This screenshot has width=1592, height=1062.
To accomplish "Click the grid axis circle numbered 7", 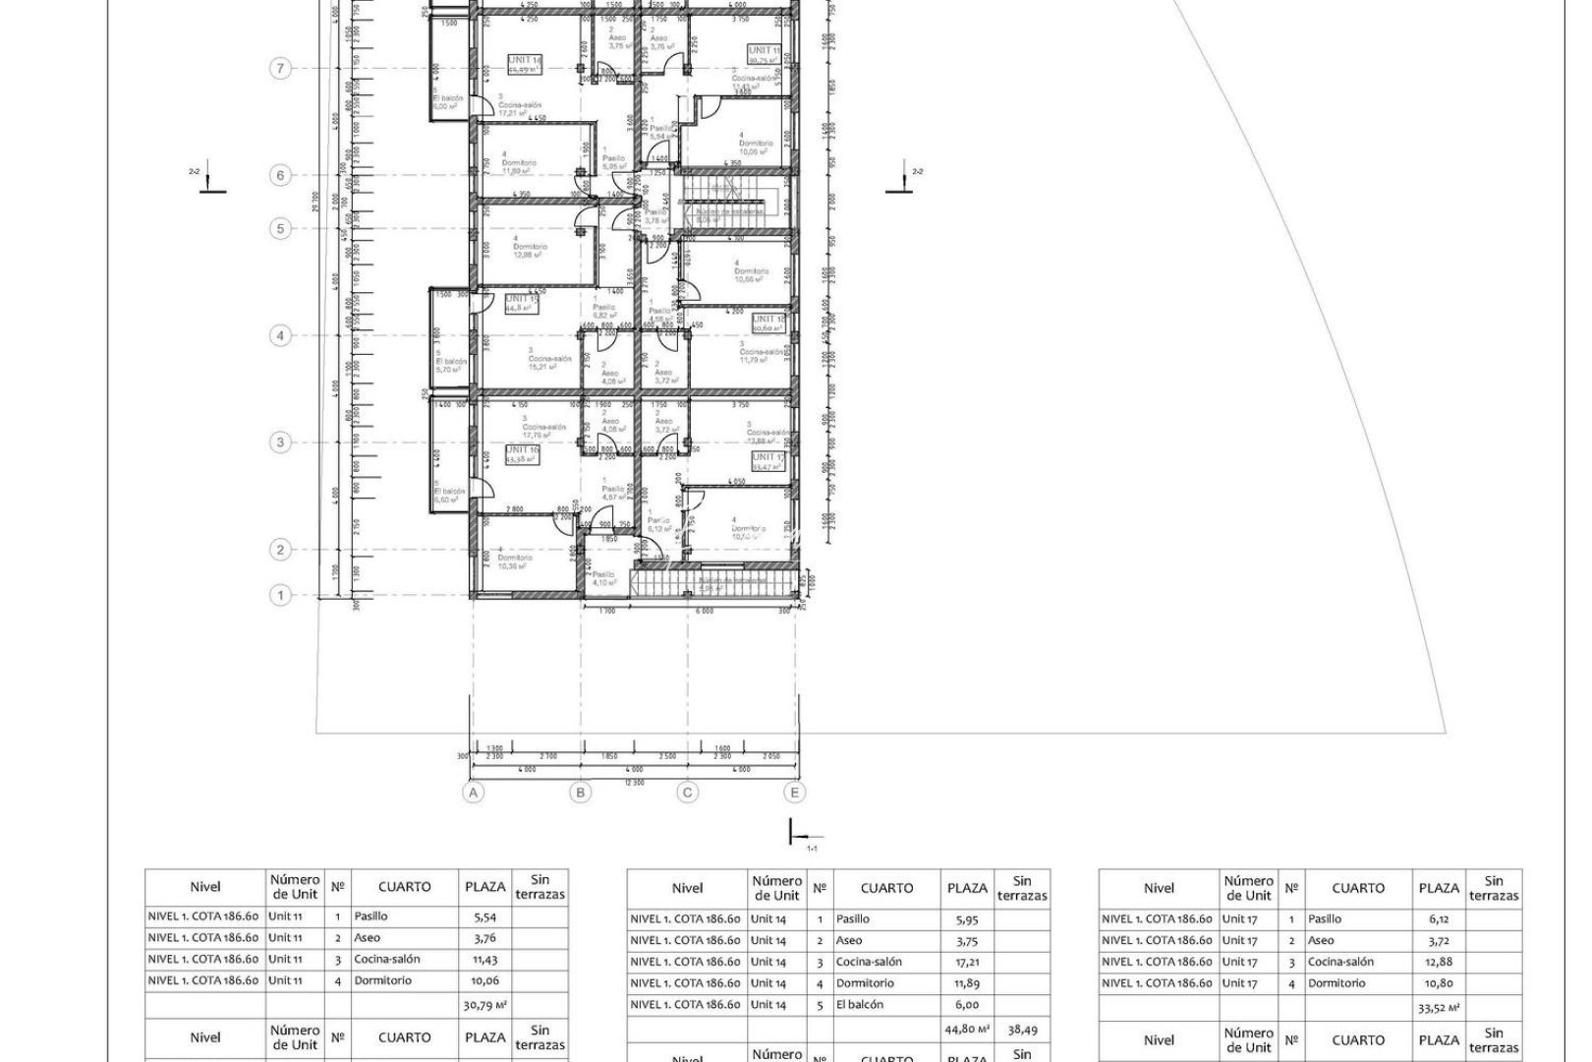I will [x=281, y=69].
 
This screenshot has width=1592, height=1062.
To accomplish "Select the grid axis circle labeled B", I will [x=581, y=793].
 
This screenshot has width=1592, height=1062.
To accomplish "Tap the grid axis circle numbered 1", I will [x=281, y=595].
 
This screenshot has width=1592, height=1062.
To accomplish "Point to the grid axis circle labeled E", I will [x=794, y=793].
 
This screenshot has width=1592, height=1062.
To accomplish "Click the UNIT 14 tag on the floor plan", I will [x=525, y=61].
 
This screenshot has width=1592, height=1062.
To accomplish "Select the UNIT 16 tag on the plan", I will [x=522, y=450].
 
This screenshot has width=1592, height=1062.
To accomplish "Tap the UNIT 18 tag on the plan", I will [x=768, y=320].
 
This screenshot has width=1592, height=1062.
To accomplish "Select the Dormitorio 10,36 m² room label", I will [x=512, y=560].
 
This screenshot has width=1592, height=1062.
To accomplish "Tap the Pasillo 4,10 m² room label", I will [x=603, y=578].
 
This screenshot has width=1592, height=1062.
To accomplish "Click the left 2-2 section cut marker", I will [x=211, y=181].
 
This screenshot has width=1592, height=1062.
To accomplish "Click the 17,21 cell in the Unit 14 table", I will [x=967, y=962].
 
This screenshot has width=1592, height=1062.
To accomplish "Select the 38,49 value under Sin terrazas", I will [x=1022, y=1030].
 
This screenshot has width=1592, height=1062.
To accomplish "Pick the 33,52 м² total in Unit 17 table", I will [x=1439, y=1008].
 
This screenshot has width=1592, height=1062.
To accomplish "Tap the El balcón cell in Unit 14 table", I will [x=860, y=1005].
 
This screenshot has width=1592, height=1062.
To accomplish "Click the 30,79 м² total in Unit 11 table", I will [x=483, y=1005].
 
